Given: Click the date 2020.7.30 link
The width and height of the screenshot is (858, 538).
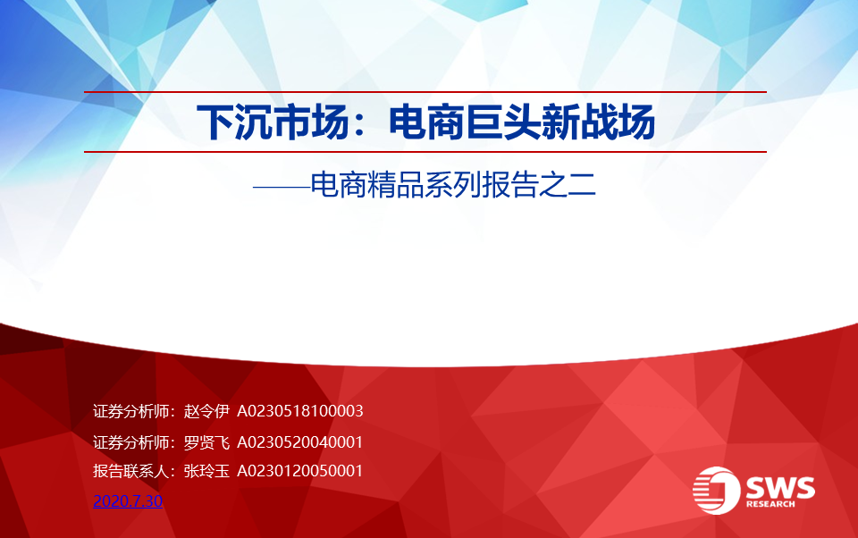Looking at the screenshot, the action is pyautogui.click(x=128, y=500).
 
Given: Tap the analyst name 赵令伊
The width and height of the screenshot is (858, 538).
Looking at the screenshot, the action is pyautogui.click(x=206, y=411).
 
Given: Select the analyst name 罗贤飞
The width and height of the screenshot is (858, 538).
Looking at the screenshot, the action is pyautogui.click(x=206, y=442).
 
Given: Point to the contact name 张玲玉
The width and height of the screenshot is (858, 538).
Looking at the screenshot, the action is pyautogui.click(x=206, y=471).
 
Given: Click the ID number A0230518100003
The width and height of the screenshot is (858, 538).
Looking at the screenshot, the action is pyautogui.click(x=300, y=411).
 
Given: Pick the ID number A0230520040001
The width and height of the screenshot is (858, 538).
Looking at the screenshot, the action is pyautogui.click(x=300, y=442).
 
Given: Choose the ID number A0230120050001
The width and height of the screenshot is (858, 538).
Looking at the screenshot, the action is pyautogui.click(x=300, y=471).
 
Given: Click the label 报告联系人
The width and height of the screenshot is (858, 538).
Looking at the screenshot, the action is pyautogui.click(x=130, y=471).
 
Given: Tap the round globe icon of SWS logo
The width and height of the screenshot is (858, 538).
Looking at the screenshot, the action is pyautogui.click(x=716, y=491).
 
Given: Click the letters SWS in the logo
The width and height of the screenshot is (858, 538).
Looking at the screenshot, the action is pyautogui.click(x=780, y=487).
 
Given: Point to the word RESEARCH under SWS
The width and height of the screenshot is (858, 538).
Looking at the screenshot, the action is pyautogui.click(x=770, y=504).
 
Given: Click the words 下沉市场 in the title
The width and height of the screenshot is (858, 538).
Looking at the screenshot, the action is pyautogui.click(x=273, y=122).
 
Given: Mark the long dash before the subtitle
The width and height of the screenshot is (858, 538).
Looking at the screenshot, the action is pyautogui.click(x=282, y=187).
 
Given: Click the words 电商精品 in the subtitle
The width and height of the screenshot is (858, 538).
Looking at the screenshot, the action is pyautogui.click(x=367, y=185).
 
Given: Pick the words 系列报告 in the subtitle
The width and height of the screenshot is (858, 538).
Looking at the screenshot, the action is pyautogui.click(x=482, y=185).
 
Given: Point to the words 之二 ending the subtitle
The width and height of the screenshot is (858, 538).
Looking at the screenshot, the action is pyautogui.click(x=568, y=185).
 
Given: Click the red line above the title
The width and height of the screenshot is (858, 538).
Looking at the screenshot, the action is pyautogui.click(x=425, y=92).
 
